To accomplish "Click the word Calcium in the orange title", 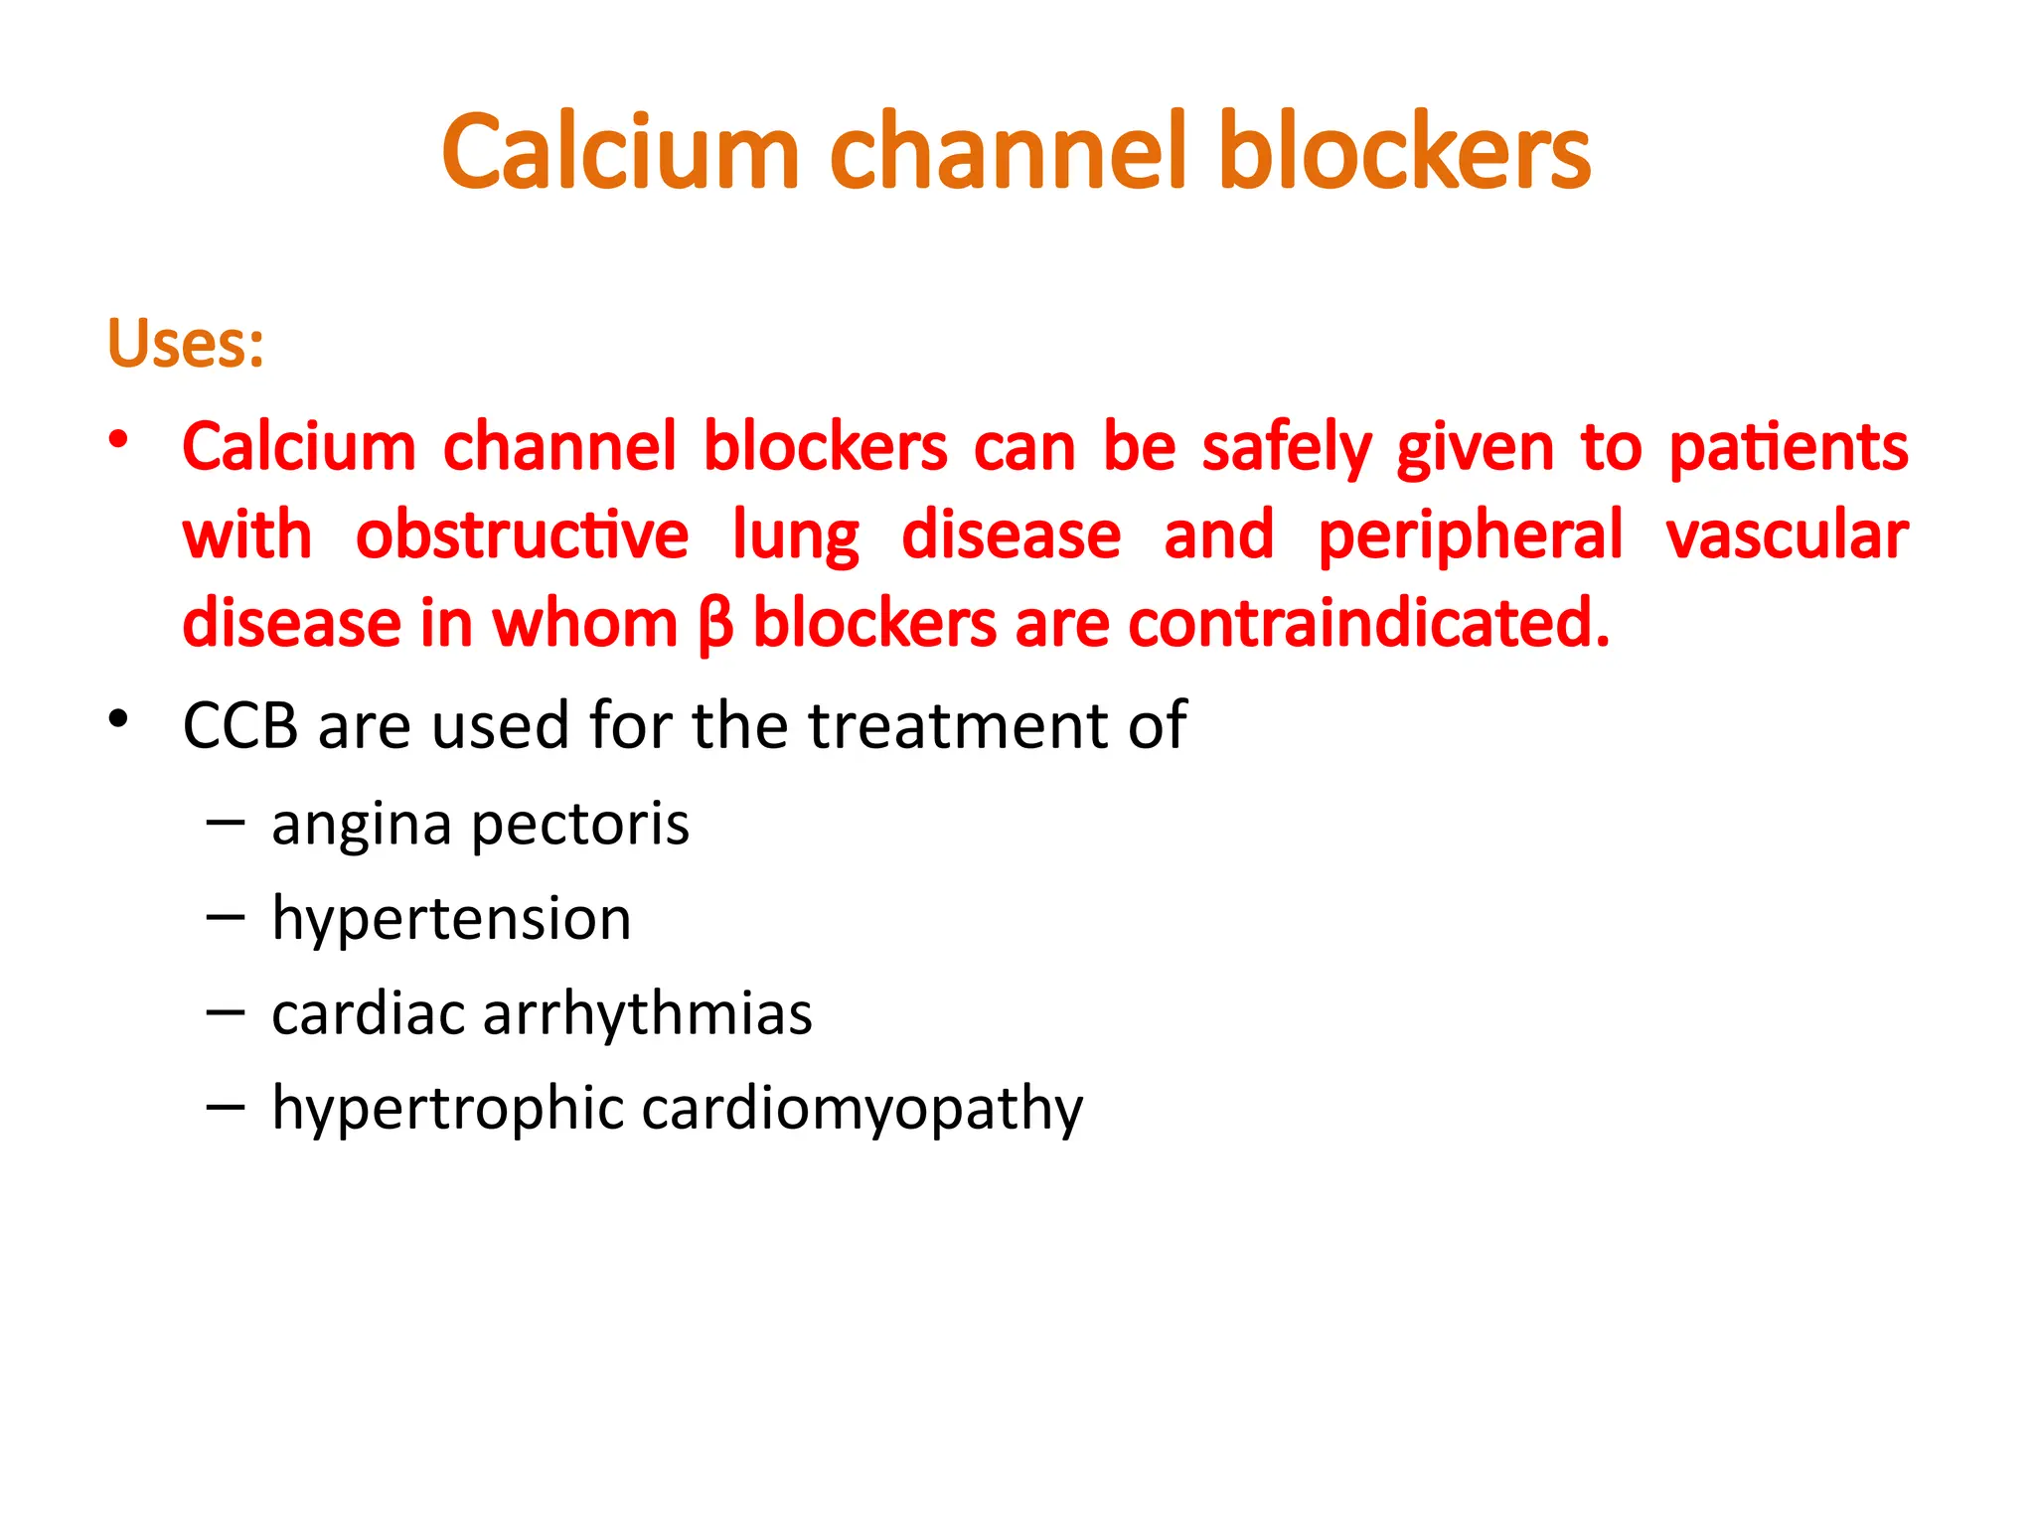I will [x=621, y=152].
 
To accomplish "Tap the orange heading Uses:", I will [x=186, y=344].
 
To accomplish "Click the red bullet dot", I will [x=119, y=438].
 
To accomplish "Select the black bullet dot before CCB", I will [x=119, y=717].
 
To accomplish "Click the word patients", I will [x=1788, y=448].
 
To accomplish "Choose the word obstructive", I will [x=522, y=535].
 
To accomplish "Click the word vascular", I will [x=1787, y=535].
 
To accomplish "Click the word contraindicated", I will [x=1368, y=624].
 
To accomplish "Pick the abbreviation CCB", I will [x=240, y=725].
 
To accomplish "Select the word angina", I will [x=362, y=826].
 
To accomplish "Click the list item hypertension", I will [x=451, y=918].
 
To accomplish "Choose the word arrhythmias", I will [x=647, y=1014].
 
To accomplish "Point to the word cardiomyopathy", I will [x=861, y=1109].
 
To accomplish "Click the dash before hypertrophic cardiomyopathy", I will [x=226, y=1106].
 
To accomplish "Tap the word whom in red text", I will [x=584, y=624].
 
